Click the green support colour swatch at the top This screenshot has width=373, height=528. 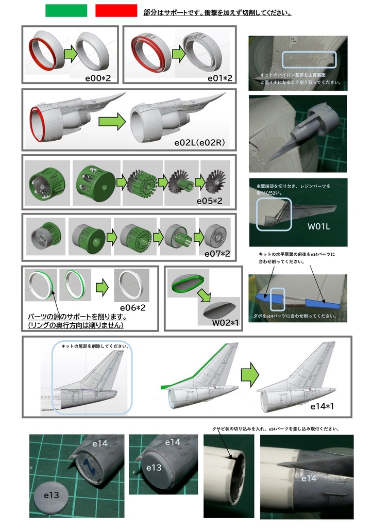click(66, 11)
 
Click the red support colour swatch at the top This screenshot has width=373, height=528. click(116, 11)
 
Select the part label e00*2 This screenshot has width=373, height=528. click(101, 78)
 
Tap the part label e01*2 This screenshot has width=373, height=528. click(220, 78)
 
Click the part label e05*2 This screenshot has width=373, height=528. click(209, 200)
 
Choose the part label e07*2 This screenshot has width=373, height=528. click(217, 254)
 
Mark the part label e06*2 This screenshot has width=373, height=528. click(133, 307)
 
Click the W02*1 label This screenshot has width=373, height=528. click(225, 323)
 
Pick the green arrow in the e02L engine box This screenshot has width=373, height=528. click(112, 122)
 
